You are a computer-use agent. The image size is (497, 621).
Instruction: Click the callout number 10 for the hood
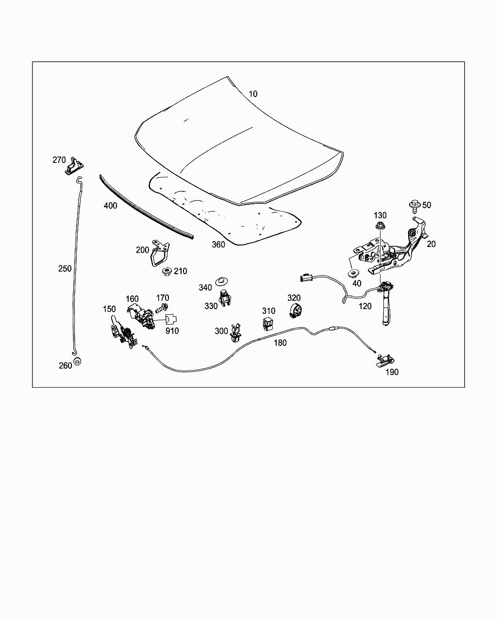pos(253,94)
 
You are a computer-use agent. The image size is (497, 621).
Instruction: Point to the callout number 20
pos(431,244)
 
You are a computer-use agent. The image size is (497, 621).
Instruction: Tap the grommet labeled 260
pos(77,362)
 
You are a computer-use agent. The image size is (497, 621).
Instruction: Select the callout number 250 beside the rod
pos(65,268)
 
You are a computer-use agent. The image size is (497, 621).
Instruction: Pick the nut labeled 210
pos(166,271)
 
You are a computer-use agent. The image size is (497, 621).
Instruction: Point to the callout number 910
pos(172,331)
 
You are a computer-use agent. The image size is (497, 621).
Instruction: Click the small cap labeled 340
pos(222,280)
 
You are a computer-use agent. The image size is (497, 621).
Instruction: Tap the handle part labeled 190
pos(384,360)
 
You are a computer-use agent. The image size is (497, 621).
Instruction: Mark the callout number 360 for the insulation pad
pos(218,245)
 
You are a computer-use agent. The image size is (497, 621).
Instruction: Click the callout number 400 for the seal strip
pos(110,206)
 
